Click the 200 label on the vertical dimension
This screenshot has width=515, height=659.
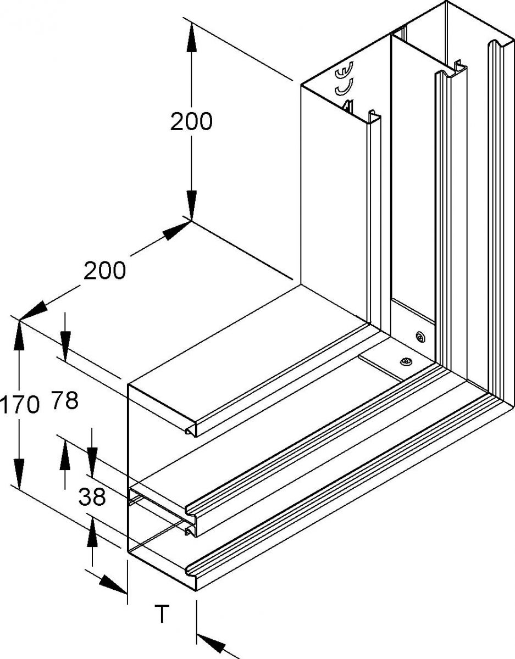point(191,121)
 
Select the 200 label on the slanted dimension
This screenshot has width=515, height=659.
point(104,270)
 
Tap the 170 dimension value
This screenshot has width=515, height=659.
point(20,405)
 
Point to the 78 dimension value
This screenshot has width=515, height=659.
point(65,401)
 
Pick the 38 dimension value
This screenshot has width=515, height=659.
point(92,498)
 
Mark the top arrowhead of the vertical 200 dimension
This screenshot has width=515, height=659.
point(191,37)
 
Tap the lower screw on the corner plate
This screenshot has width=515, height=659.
point(406,361)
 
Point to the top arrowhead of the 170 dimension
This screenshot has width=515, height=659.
point(19,335)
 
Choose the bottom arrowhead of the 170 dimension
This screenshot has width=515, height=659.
point(19,474)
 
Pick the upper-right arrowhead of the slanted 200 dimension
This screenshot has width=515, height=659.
point(176,229)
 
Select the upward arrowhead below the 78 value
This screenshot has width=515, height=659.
point(65,455)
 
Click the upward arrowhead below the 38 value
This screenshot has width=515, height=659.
point(92,533)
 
